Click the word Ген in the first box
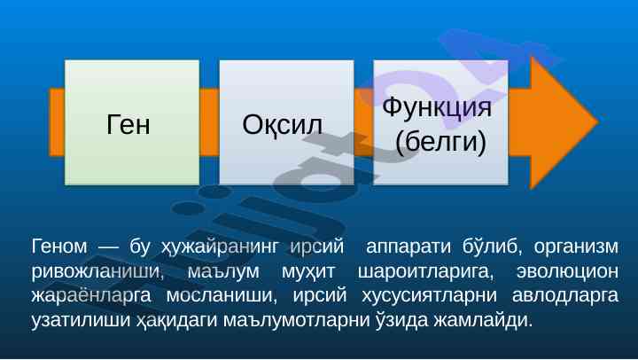point(128,124)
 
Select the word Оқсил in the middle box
point(282,124)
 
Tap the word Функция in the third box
point(437,107)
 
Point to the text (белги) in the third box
point(440,142)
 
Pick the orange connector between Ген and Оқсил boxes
point(209,122)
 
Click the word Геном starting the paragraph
point(59,247)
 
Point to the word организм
point(576,247)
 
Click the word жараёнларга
point(91,296)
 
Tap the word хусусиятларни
point(430,296)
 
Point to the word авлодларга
point(565,296)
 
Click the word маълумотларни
point(296,320)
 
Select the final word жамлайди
point(483,320)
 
